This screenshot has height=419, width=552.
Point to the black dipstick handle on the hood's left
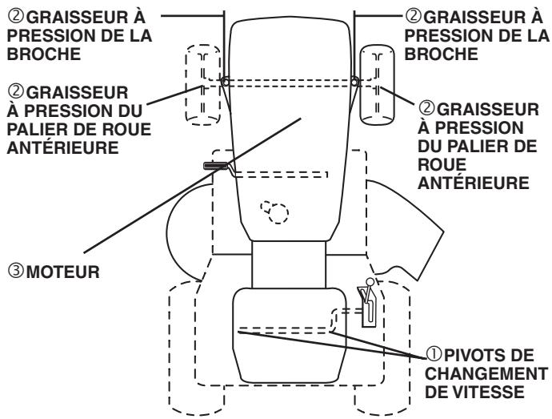pos(215,166)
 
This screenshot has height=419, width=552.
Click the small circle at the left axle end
pos(225,82)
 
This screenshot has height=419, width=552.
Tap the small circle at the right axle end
pos(353,82)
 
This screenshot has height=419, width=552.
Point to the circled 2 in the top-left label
pos(9,14)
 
